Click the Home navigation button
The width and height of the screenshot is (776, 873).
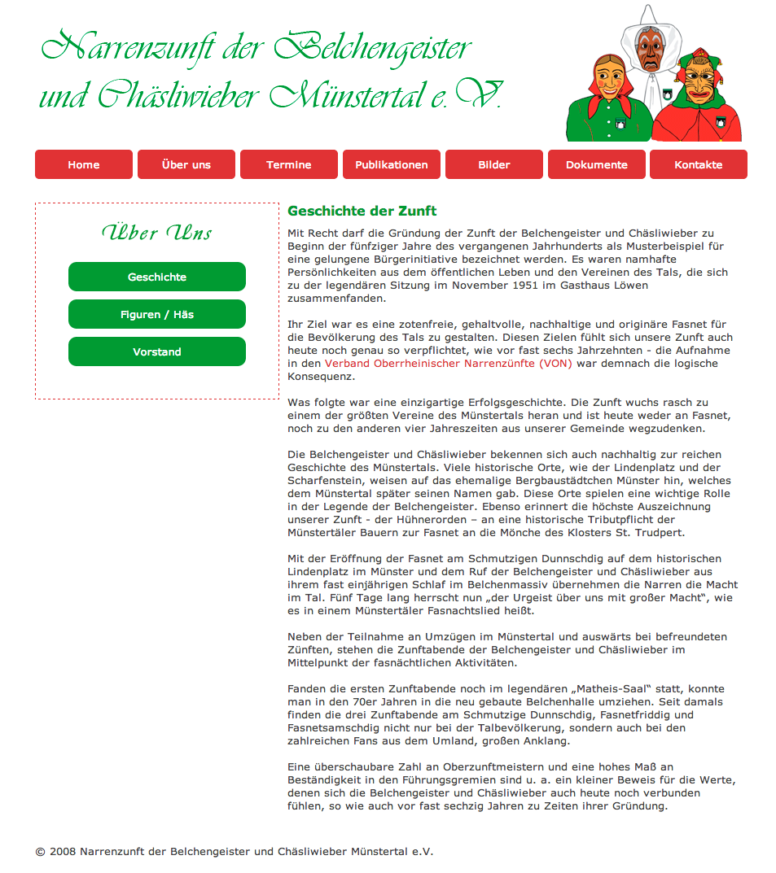tap(84, 164)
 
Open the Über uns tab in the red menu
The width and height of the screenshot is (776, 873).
tap(186, 164)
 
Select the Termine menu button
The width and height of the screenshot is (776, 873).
tap(289, 164)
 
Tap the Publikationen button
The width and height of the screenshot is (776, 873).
tap(392, 164)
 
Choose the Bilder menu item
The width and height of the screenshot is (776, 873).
tap(494, 164)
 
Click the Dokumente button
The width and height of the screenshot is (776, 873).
tap(597, 164)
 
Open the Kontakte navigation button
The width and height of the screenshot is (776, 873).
tap(699, 164)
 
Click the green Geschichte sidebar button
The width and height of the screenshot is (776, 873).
tap(157, 277)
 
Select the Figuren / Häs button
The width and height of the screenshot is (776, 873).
tap(157, 314)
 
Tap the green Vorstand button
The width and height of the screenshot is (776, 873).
tap(157, 351)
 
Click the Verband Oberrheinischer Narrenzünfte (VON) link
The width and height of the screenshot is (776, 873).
tap(449, 364)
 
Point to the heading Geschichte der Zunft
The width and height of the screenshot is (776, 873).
tap(362, 212)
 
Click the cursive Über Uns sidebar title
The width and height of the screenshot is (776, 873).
tap(157, 234)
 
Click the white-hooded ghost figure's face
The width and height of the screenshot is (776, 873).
tap(648, 49)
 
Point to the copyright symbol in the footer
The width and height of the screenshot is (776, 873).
tap(40, 852)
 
